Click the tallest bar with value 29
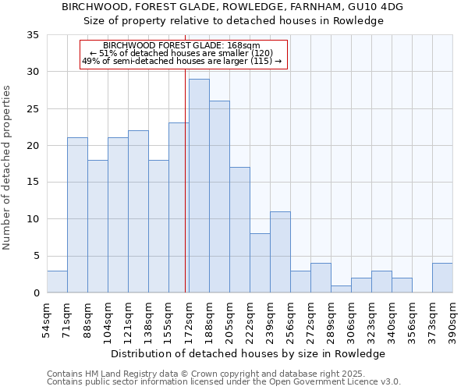(199, 186)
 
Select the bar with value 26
(219, 197)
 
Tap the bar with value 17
(239, 230)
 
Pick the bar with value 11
(280, 252)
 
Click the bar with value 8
(260, 263)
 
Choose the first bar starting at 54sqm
(57, 282)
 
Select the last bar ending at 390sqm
(442, 278)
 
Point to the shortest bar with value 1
(341, 289)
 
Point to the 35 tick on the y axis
(33, 35)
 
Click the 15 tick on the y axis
(33, 183)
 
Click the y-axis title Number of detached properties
(8, 168)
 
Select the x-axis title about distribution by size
(248, 353)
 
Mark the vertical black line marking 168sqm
(185, 195)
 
